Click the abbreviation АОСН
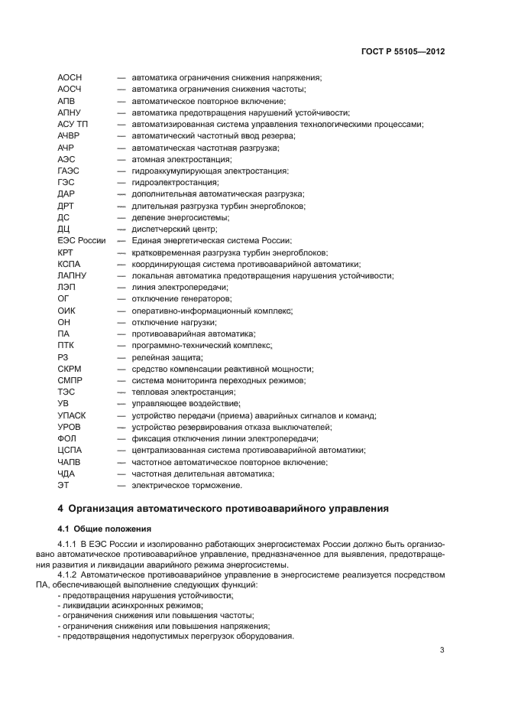click(x=70, y=78)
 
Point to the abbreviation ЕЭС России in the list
click(x=82, y=240)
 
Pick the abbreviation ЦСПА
click(x=70, y=451)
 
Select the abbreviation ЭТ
click(x=63, y=485)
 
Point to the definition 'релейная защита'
click(x=167, y=357)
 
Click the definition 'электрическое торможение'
click(x=186, y=485)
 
